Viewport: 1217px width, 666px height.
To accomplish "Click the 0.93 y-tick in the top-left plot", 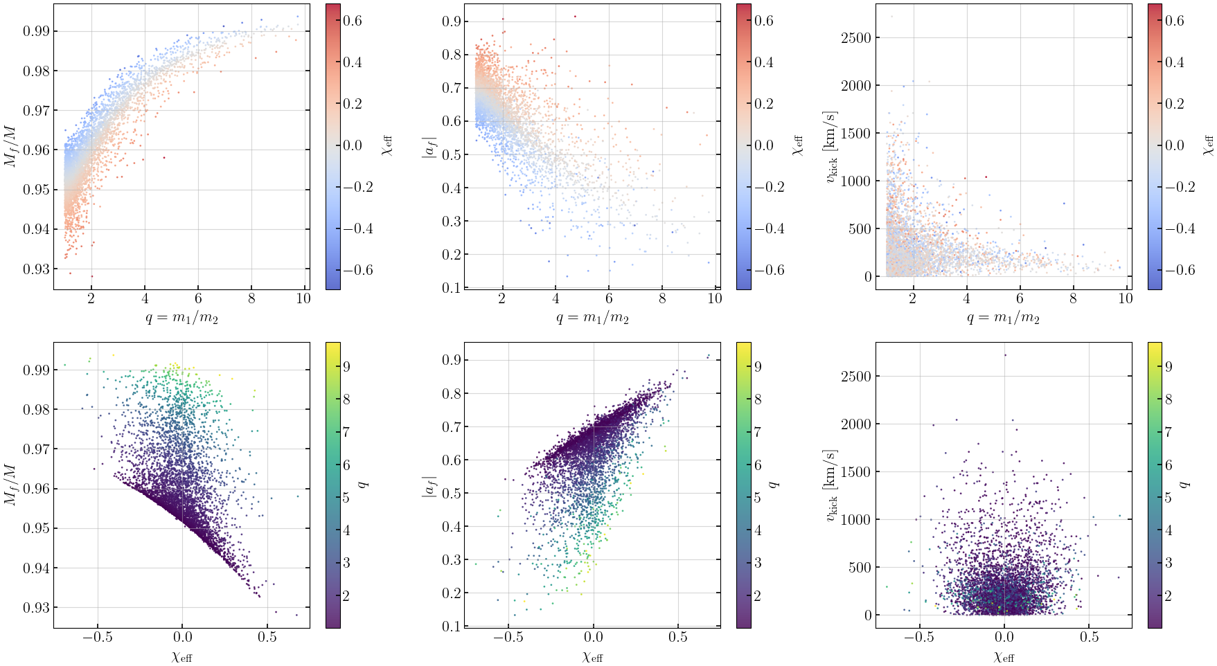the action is coord(36,269).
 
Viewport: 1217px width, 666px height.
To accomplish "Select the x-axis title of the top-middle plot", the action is coord(592,318).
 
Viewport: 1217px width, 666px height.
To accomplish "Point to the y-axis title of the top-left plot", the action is coord(11,147).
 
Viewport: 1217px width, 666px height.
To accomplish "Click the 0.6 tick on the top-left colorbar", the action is coord(353,21).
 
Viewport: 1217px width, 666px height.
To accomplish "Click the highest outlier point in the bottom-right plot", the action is coord(1005,355).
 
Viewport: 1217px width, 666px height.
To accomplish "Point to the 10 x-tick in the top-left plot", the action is coord(303,298).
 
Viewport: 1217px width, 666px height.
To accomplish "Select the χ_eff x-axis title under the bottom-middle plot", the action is coord(592,657).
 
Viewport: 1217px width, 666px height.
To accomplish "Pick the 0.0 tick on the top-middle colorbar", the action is coord(764,145).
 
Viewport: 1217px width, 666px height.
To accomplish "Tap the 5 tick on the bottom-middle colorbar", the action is coord(758,498).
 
